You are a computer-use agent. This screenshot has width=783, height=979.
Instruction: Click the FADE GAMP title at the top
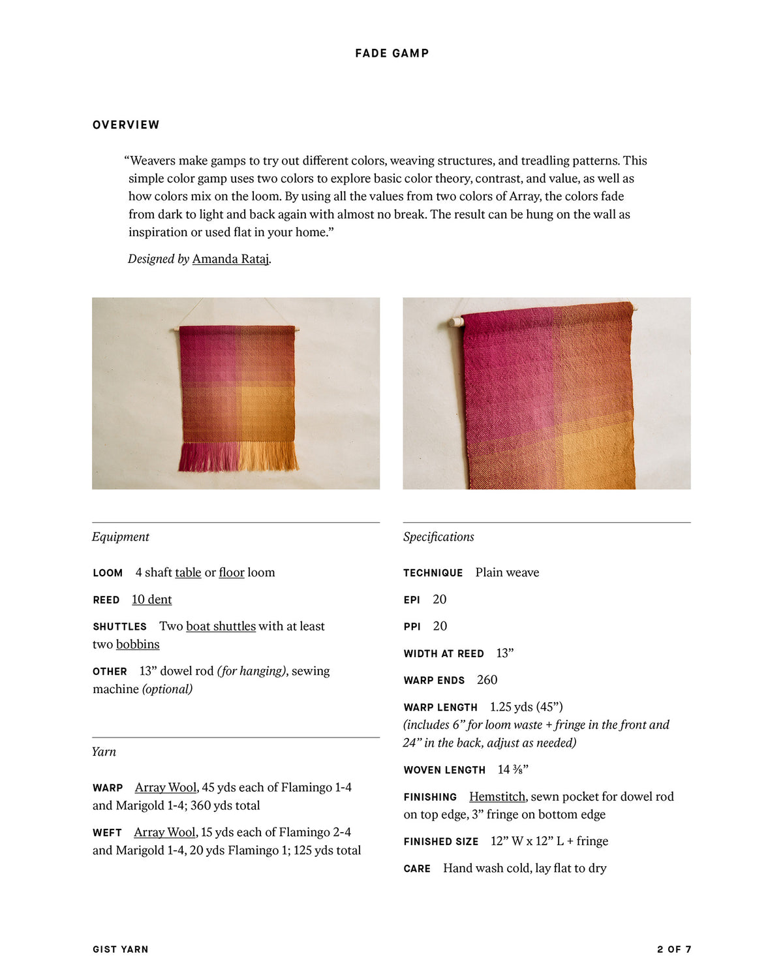tap(391, 54)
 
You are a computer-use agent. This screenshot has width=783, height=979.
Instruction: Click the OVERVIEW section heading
tap(126, 125)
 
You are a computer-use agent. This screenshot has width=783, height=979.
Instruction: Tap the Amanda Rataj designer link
tap(230, 259)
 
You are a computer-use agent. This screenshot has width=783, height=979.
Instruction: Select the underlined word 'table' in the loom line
tap(188, 572)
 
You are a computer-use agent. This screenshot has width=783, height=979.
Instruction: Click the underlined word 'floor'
tap(232, 572)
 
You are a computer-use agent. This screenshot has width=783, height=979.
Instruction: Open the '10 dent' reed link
tap(151, 599)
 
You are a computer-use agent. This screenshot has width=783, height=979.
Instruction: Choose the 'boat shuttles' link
tap(221, 626)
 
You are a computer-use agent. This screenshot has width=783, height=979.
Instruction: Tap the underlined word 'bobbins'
tap(138, 644)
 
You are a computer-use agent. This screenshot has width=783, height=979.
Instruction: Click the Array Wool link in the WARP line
tap(166, 787)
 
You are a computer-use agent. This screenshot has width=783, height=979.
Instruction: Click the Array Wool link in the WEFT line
tap(164, 832)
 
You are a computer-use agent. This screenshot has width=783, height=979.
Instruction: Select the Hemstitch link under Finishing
tap(497, 796)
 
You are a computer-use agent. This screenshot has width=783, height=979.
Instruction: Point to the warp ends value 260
tap(487, 680)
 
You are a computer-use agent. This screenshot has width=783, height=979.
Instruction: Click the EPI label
tap(412, 600)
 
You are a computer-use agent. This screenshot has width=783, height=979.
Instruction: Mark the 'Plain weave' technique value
tap(507, 572)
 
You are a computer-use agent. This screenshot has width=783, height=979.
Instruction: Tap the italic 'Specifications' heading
tap(438, 536)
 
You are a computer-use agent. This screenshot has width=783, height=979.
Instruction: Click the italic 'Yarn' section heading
tap(104, 751)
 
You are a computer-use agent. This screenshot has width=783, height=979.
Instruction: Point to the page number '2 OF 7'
tap(674, 950)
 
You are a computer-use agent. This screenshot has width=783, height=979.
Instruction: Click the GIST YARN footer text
tap(121, 950)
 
